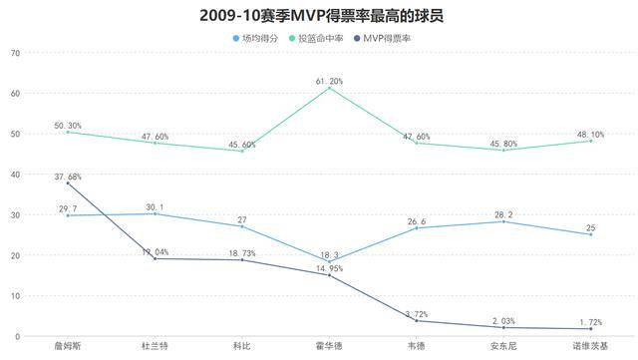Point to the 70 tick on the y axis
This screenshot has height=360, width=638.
pos(15,53)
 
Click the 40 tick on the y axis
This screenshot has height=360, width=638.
pos(15,175)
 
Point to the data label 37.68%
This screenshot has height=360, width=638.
pos(68,177)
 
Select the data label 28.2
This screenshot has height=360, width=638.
pos(503,213)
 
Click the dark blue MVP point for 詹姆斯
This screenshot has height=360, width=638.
pos(68,183)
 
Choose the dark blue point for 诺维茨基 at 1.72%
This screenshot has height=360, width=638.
pos(590,329)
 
